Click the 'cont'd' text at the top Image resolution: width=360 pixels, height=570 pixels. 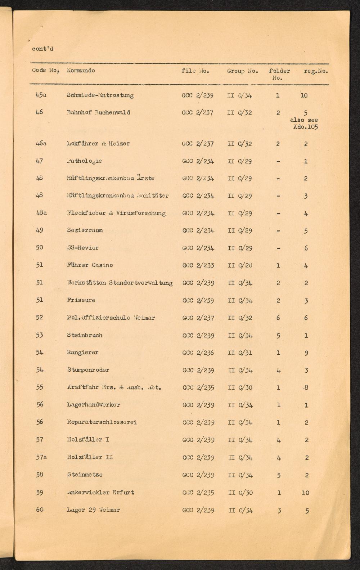tap(42, 49)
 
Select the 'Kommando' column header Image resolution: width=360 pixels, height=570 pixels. tap(81, 71)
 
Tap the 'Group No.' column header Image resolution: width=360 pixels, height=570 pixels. tap(242, 71)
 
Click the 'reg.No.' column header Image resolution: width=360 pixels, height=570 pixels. tap(316, 71)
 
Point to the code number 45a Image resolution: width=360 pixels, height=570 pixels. tap(41, 95)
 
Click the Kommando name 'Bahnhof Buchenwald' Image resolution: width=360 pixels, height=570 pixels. tap(98, 112)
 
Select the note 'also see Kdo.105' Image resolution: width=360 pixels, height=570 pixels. tap(304, 124)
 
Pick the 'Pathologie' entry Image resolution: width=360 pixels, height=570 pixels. tap(84, 161)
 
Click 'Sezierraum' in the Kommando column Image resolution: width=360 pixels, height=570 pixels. tap(85, 230)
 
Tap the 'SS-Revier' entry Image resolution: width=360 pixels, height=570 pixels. tap(82, 248)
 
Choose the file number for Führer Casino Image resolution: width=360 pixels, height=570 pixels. tap(198, 265)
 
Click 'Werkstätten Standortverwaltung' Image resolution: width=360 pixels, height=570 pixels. tap(120, 283)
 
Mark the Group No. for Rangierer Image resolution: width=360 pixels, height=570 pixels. tap(240, 353)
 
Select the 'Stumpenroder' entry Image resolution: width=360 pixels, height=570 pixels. tap(88, 370)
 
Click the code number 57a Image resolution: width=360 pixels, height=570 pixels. tap(41, 457)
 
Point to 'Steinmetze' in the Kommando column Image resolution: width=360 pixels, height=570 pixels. tap(85, 475)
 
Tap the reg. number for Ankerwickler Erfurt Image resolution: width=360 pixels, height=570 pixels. tap(305, 493)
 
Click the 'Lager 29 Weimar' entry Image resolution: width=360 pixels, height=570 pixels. tap(93, 510)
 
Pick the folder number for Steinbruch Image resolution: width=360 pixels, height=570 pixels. tap(278, 335)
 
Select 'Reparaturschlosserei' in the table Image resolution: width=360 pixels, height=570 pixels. tap(102, 422)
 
